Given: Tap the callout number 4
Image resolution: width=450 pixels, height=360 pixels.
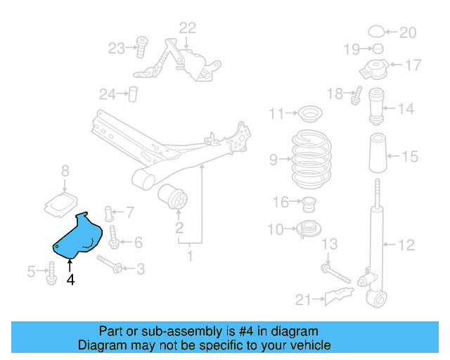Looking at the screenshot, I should point(70,280).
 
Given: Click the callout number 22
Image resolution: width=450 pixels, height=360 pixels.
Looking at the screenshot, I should point(188,28).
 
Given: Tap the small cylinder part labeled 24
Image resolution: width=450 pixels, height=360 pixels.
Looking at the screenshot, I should point(131,94).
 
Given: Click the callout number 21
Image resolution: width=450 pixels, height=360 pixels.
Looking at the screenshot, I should point(303,300).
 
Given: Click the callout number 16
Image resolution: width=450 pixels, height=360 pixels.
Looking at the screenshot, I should point(281,202).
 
